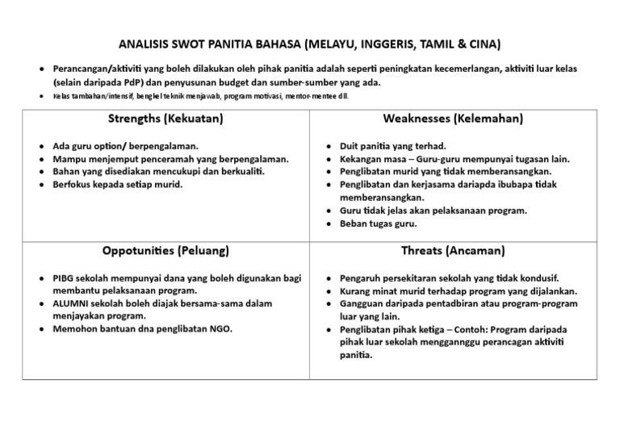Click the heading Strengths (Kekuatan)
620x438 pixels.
pos(165,119)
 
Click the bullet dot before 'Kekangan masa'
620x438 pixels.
pos(329,160)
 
